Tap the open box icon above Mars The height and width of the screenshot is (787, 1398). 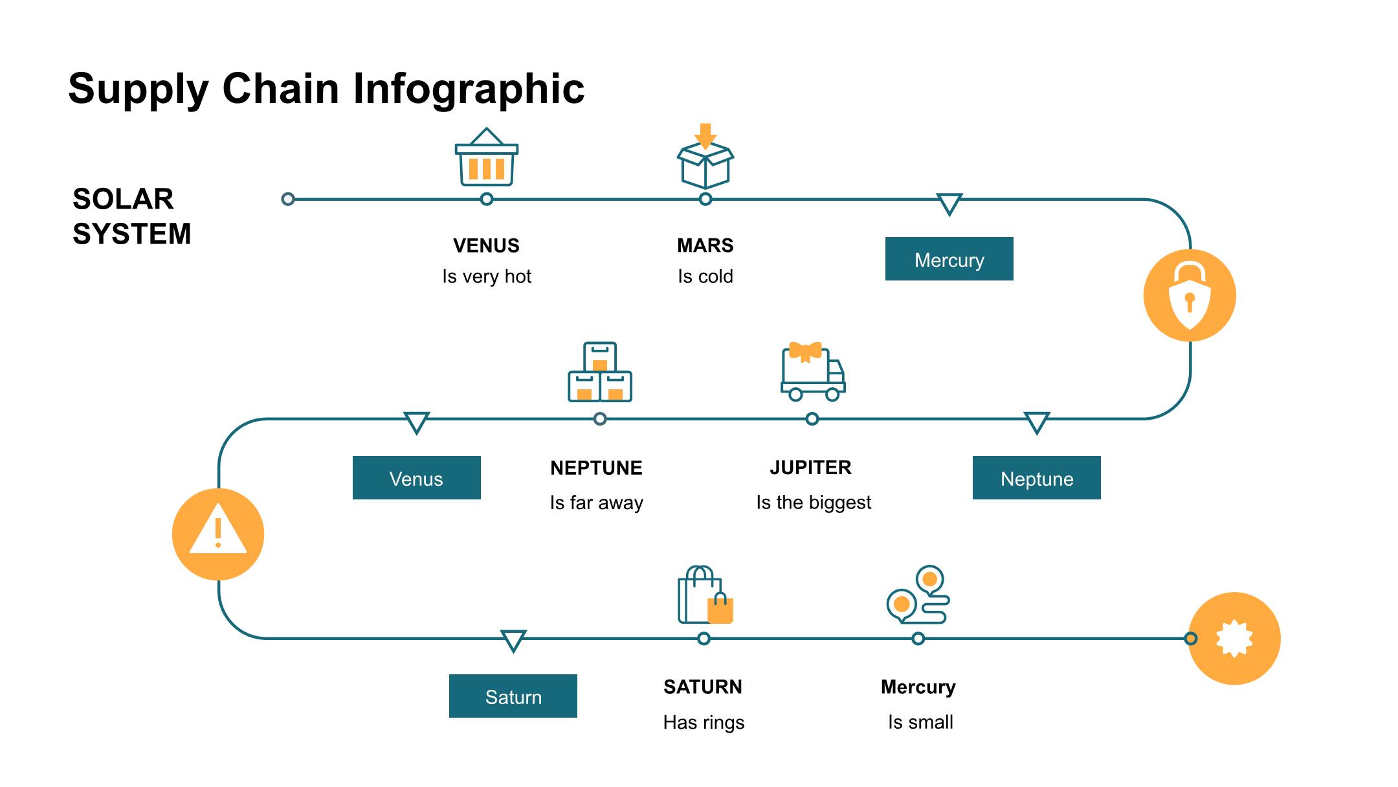point(705,158)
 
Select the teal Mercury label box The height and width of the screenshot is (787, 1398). point(949,259)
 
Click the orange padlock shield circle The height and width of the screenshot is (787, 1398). point(1190,295)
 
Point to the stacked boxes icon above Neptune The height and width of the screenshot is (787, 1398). point(599,372)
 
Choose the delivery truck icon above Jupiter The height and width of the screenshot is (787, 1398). point(813,372)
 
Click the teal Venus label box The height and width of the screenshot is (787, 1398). point(416,478)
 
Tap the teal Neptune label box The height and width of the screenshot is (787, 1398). point(1036,478)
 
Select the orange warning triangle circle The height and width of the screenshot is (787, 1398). point(218,534)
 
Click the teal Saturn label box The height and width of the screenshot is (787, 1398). point(513,696)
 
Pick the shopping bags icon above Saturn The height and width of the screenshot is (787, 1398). point(705,596)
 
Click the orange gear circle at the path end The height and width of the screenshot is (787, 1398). point(1234,639)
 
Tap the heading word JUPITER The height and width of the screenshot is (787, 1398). point(810,468)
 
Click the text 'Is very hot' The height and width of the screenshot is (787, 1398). point(486,277)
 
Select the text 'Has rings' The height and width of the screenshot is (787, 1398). point(704,722)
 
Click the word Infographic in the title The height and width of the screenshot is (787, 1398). point(469,89)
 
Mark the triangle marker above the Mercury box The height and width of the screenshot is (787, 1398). point(949,204)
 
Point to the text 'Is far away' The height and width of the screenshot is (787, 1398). point(596,503)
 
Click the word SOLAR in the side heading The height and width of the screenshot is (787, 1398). point(123,199)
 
